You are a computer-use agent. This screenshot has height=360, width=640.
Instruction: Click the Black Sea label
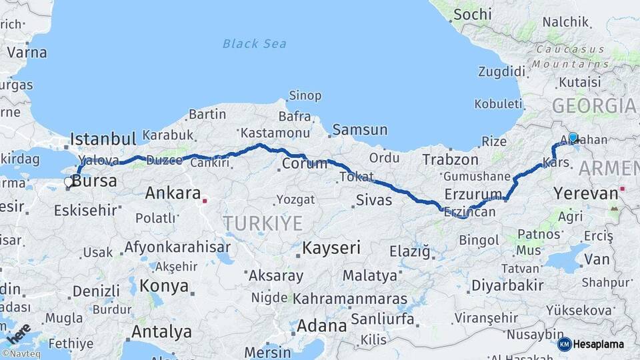tap(255, 44)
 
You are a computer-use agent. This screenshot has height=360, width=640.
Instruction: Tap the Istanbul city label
tap(103, 139)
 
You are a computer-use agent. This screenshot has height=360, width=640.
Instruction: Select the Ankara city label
tap(173, 194)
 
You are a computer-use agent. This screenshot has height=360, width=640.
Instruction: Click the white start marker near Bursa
tap(69, 181)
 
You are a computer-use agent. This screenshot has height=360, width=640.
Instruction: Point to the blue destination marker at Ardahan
tap(573, 138)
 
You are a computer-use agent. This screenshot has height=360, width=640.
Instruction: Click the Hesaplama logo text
tap(598, 344)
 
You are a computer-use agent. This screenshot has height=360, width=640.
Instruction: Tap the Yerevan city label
tap(585, 194)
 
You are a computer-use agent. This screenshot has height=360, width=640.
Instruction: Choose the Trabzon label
tap(451, 160)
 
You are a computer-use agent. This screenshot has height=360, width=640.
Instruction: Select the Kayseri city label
tap(331, 249)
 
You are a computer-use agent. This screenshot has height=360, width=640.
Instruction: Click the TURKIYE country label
tap(263, 223)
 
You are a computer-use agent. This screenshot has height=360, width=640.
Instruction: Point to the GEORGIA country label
tap(593, 106)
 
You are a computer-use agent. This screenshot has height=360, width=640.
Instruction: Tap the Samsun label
tap(360, 130)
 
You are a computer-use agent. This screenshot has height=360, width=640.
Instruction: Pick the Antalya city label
tap(161, 331)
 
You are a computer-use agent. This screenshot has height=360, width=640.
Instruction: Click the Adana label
tap(322, 327)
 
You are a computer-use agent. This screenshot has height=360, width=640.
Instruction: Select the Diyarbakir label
tap(507, 286)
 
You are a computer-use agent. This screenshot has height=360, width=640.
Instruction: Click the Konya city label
tap(163, 287)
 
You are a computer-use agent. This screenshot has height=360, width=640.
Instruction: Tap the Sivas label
tap(374, 199)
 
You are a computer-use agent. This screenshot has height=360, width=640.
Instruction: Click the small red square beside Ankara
tap(205, 199)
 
